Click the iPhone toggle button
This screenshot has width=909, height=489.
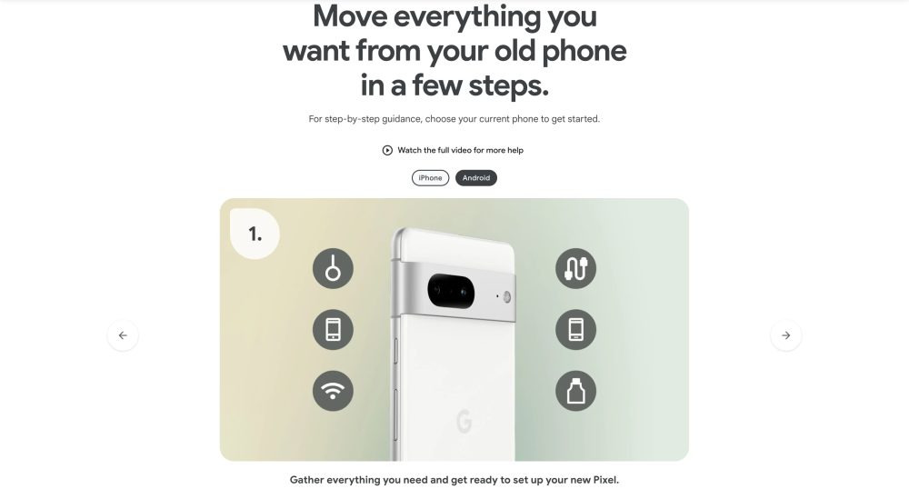(430, 178)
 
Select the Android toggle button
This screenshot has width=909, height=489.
(476, 178)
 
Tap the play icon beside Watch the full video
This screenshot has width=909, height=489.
(387, 151)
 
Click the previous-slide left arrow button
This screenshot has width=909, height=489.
(123, 335)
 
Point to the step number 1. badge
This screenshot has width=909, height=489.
(255, 234)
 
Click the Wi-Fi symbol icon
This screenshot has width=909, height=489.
(333, 391)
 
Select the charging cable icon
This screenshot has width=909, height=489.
(575, 269)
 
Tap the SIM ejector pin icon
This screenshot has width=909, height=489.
(333, 269)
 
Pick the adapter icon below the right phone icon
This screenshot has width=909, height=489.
(575, 391)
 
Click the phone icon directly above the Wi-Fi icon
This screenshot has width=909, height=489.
(333, 330)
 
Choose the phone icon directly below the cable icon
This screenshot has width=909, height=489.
(575, 330)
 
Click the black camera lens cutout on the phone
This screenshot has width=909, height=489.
(451, 292)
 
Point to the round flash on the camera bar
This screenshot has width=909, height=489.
(506, 297)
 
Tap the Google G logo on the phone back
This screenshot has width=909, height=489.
(464, 421)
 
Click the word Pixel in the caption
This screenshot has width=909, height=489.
(605, 480)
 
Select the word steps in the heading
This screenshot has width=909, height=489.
(508, 85)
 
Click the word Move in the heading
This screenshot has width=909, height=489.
(350, 15)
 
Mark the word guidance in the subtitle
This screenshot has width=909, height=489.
(402, 119)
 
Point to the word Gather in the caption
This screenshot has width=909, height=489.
(306, 480)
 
